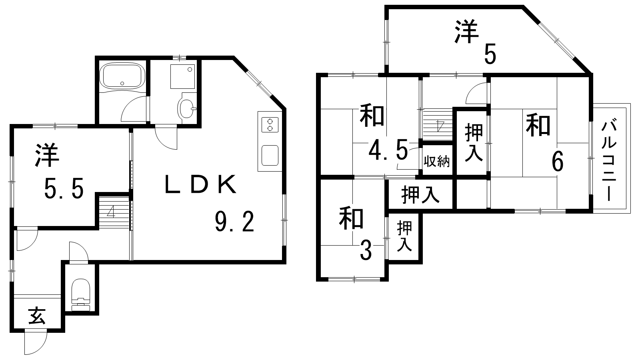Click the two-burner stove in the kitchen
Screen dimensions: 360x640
(270, 124)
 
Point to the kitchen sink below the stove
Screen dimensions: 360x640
(270, 156)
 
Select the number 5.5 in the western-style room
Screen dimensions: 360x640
(64, 189)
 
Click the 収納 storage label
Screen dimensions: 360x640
(437, 162)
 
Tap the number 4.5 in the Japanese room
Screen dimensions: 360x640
(388, 151)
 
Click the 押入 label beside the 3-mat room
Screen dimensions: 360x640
(404, 237)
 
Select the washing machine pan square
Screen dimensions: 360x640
(182, 76)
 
